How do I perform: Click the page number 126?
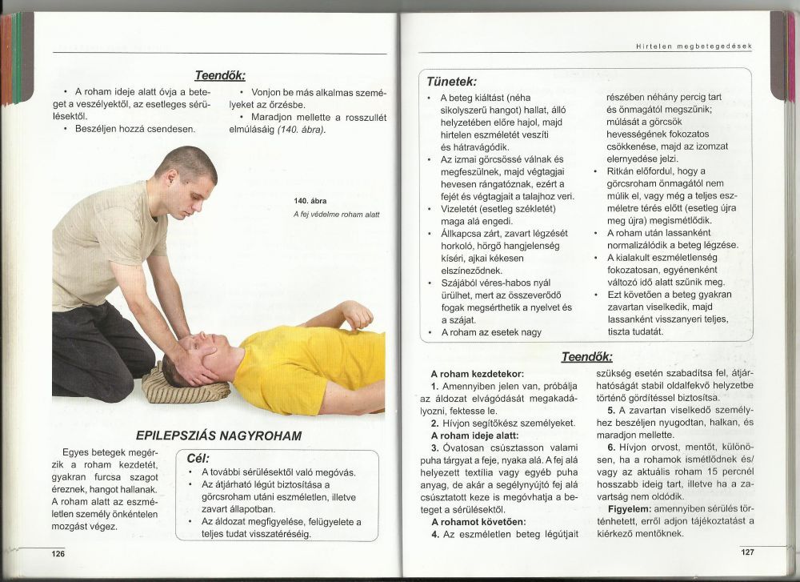click(58, 554)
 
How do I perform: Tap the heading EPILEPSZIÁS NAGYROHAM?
click(218, 435)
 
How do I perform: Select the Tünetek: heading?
click(452, 82)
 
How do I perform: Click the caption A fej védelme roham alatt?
click(336, 215)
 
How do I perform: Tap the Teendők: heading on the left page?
click(219, 74)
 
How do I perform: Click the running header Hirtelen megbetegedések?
click(694, 46)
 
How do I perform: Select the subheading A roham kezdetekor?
click(477, 374)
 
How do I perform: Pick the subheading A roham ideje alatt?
click(475, 435)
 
